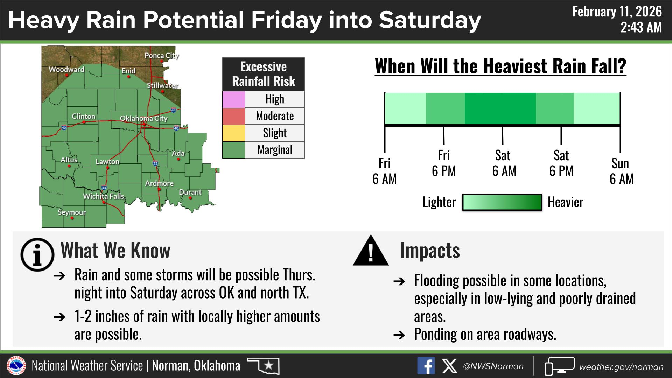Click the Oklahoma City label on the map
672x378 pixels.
tap(144, 118)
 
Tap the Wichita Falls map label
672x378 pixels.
tap(104, 196)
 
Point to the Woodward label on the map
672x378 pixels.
tap(66, 69)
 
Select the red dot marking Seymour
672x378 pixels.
tap(72, 218)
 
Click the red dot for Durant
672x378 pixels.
tap(190, 198)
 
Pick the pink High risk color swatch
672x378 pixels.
tap(234, 99)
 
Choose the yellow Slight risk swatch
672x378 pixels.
tap(234, 133)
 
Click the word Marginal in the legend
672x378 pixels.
tap(275, 150)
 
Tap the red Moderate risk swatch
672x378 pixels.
tap(234, 116)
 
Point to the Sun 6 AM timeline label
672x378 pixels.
tap(621, 171)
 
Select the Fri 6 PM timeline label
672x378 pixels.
tap(444, 163)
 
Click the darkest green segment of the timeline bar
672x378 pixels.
tap(500, 108)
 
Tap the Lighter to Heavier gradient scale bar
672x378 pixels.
tap(502, 202)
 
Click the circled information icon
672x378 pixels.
tap(37, 255)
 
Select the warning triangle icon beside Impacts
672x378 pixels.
tap(371, 251)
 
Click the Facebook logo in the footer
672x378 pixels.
tap(426, 366)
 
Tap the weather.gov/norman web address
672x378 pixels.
tap(621, 367)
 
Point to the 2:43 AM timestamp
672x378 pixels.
tap(641, 27)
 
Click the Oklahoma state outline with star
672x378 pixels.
tap(264, 366)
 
